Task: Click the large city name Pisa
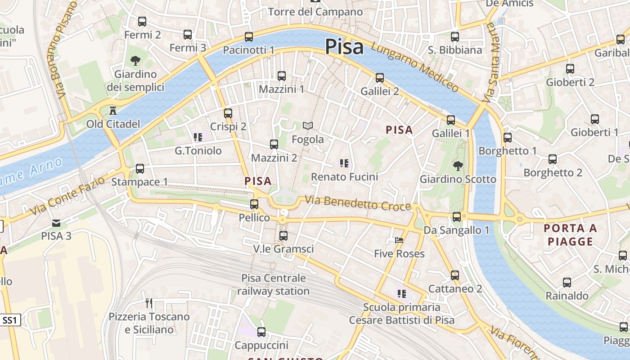click(x=344, y=46)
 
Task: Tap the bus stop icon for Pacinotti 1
click(x=249, y=37)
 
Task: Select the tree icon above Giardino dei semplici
click(x=135, y=61)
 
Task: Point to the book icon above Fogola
click(x=308, y=126)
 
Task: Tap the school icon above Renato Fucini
click(x=345, y=163)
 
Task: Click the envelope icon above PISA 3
click(x=56, y=223)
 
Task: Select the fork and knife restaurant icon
click(x=149, y=303)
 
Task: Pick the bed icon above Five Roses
click(x=399, y=240)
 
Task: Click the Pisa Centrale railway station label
click(x=274, y=284)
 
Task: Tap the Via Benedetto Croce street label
click(x=358, y=203)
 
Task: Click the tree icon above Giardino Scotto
click(x=458, y=166)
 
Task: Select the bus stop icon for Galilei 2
click(x=380, y=78)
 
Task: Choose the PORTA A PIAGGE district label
click(x=570, y=234)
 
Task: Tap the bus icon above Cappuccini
click(x=261, y=332)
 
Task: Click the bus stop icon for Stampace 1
click(x=140, y=169)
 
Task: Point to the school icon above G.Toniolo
click(x=198, y=137)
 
